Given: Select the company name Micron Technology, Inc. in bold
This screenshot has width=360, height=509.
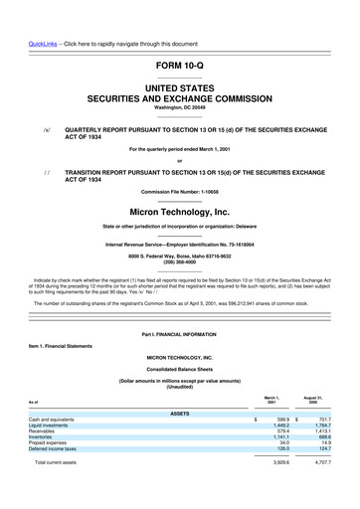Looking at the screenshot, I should pos(179,212).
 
